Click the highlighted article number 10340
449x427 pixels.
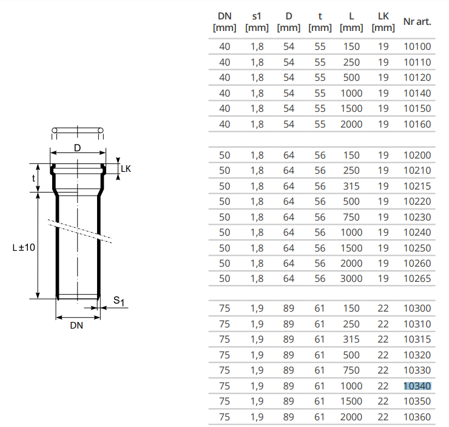(417, 386)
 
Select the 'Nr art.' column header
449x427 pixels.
(417, 21)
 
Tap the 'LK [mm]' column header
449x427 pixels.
(383, 22)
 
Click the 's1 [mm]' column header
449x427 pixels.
(257, 22)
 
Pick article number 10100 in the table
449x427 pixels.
(417, 46)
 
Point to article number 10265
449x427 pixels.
(417, 279)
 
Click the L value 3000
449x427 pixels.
(351, 279)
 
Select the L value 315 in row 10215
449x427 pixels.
(351, 186)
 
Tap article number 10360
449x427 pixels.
(417, 417)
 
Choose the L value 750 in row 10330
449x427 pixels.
(351, 371)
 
